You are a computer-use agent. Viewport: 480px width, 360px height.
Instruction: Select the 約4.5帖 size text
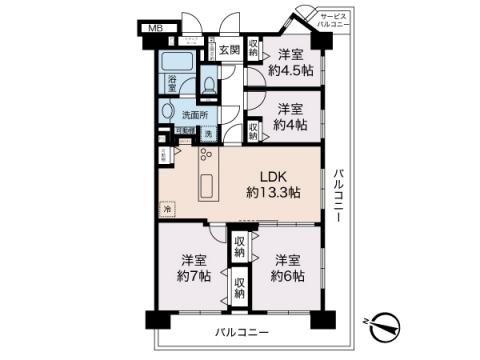(293, 70)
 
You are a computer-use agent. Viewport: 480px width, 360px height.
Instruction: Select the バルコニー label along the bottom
(240, 331)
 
